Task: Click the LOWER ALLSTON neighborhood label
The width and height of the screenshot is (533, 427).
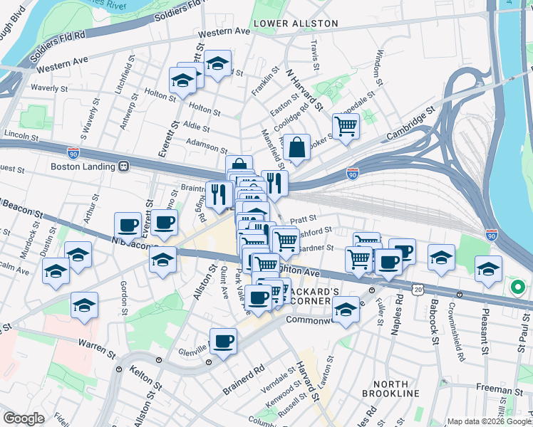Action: pos(306,23)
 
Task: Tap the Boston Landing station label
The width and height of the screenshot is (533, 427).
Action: pos(83,167)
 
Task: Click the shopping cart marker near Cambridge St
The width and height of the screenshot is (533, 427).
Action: pos(346,127)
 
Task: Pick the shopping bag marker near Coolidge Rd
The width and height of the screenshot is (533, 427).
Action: pos(296,147)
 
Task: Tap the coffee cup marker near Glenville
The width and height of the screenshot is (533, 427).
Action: pos(224,341)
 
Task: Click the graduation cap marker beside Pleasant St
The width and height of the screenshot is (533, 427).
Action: pos(488,269)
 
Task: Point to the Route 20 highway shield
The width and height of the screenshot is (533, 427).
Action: pos(417,288)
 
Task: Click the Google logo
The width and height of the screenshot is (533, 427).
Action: pos(24,418)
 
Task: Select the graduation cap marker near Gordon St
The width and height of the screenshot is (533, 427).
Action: pos(85,305)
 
